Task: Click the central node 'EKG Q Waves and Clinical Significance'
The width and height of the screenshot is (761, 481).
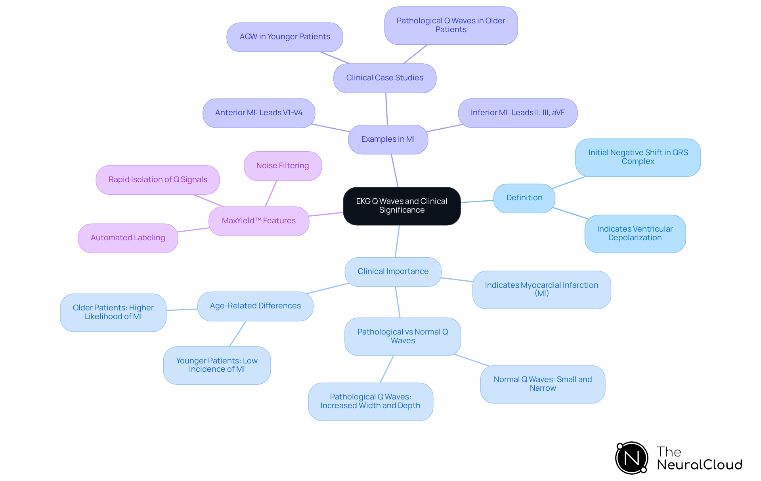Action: tap(402, 206)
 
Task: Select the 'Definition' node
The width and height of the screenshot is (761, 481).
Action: tap(524, 198)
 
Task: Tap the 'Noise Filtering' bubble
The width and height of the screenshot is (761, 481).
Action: tap(283, 166)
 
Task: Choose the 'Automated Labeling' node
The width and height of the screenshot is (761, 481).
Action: tap(128, 238)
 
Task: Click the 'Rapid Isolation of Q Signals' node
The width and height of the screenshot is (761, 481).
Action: tap(158, 180)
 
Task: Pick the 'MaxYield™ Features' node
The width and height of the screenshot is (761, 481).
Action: tap(259, 221)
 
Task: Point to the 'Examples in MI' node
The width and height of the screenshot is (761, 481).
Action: tap(388, 139)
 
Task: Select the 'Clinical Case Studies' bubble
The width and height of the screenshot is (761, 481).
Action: tap(385, 78)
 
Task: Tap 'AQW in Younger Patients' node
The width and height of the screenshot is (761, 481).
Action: tap(285, 37)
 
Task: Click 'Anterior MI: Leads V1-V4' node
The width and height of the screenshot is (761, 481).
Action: tap(259, 113)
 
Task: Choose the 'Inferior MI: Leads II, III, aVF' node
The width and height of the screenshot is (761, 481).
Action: tap(518, 113)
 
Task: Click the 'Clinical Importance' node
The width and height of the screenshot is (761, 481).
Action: tap(393, 272)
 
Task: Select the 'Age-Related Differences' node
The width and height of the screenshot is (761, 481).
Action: tap(255, 306)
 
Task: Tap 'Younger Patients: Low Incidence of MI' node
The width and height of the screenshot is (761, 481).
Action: tap(217, 365)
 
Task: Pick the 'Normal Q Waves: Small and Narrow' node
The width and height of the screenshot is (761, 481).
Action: tap(543, 384)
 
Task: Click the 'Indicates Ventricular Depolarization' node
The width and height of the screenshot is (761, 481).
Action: tap(635, 234)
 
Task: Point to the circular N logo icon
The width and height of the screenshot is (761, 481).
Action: tap(631, 458)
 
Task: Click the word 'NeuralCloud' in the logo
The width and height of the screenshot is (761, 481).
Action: tap(700, 465)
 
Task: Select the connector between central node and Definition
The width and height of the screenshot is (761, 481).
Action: tap(477, 202)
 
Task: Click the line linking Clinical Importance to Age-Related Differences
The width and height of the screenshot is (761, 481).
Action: tap(328, 288)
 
